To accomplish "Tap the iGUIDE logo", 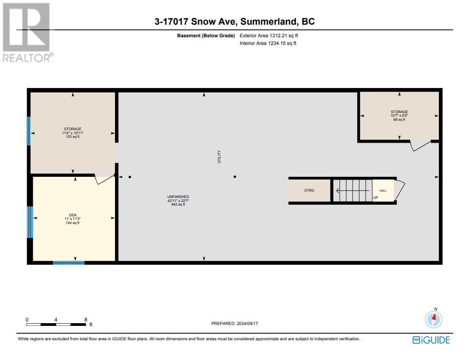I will click(x=431, y=340).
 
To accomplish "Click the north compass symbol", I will click(x=434, y=320).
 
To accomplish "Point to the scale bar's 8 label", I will click(x=85, y=320).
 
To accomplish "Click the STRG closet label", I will click(x=309, y=190).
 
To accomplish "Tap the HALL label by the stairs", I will click(x=383, y=191).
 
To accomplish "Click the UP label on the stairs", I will click(x=376, y=198).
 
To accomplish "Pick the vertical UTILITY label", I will click(x=220, y=157).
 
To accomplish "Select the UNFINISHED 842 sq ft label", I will click(x=178, y=200).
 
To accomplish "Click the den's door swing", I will click(x=105, y=179).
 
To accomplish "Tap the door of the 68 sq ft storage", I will click(x=420, y=145).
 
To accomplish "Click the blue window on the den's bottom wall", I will click(x=69, y=262).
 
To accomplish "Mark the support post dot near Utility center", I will click(x=234, y=177).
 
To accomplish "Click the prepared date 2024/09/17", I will click(x=235, y=323).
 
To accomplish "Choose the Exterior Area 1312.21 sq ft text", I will click(x=268, y=35).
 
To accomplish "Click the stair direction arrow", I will click(x=353, y=190).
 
